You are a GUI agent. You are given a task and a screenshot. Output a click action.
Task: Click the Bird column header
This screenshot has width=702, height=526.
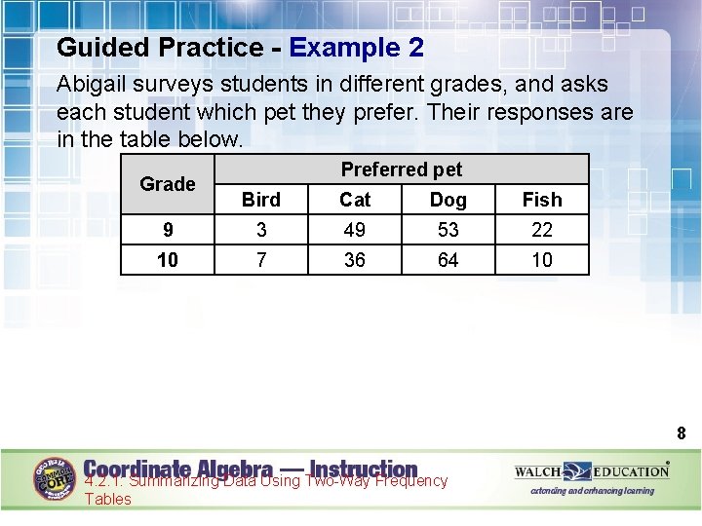(260, 200)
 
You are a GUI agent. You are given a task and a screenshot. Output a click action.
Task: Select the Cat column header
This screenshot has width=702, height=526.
(355, 200)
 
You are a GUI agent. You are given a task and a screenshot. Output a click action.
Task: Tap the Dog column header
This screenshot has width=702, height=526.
(448, 200)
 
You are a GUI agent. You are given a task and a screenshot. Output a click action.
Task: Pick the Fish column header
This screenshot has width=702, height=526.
(542, 200)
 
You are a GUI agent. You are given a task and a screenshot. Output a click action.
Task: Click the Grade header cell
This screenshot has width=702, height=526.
(168, 184)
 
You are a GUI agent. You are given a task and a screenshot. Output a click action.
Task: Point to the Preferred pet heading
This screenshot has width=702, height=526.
(401, 169)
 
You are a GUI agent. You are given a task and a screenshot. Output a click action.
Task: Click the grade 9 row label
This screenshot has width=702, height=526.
(168, 230)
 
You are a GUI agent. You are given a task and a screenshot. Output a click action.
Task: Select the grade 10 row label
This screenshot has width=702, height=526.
(168, 260)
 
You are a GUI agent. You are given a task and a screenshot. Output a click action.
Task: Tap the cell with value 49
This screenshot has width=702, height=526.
(355, 230)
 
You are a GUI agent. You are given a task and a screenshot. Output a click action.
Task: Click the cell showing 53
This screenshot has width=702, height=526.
(448, 230)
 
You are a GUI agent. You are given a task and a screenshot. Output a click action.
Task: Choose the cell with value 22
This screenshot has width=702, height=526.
(542, 230)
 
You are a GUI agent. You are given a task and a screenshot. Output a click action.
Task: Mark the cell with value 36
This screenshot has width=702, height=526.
(355, 260)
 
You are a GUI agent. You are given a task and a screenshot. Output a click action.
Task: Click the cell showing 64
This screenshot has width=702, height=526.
(448, 260)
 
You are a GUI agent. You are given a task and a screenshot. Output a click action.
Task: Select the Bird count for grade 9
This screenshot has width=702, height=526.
(260, 230)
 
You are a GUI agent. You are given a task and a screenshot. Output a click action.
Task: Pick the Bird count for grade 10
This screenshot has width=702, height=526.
(260, 260)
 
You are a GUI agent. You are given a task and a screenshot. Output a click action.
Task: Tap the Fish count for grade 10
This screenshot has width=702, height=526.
(542, 260)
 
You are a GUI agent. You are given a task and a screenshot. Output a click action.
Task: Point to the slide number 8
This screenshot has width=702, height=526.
(682, 433)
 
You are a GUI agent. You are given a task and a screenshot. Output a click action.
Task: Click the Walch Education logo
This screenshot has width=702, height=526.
(592, 472)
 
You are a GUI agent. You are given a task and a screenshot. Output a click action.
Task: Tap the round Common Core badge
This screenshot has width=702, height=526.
(56, 478)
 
